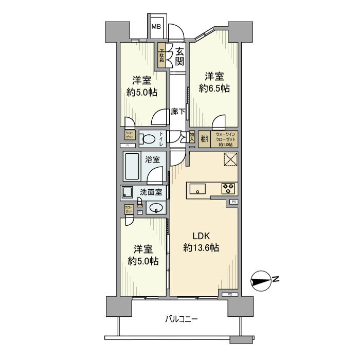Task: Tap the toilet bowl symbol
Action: click(150, 138)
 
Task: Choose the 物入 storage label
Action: click(191, 137)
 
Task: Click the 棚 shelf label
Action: click(204, 139)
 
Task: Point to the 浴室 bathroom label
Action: click(153, 159)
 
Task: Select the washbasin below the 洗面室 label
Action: click(156, 208)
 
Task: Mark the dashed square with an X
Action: click(230, 160)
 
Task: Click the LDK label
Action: click(202, 236)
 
